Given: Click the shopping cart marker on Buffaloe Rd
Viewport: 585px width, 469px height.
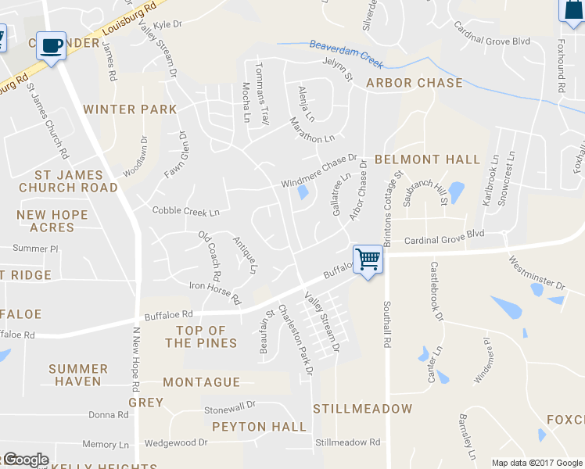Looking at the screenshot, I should point(368,259).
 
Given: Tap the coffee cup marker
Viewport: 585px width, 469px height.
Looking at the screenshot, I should point(52,46).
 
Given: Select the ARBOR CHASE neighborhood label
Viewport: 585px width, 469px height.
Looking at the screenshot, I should point(415,83).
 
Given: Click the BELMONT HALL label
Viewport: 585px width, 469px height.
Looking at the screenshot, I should point(427,159).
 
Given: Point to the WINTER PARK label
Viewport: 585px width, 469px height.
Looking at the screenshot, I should point(131,109).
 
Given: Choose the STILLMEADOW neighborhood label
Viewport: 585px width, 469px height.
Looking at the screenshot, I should point(362,409).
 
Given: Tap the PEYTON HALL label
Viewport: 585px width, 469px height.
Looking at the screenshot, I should point(260,427).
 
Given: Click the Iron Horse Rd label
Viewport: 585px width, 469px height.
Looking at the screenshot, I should point(215,292).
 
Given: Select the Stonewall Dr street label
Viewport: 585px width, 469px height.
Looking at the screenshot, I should point(230,408).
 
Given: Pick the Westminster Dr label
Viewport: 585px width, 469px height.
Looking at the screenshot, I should point(536,274).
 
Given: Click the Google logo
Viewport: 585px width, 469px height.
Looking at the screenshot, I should point(26,460).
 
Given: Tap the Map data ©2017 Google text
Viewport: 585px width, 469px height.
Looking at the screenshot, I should point(537,463).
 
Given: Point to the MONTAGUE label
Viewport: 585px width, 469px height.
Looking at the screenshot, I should point(201,382).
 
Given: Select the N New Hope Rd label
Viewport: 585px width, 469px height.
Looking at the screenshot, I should point(135,359).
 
